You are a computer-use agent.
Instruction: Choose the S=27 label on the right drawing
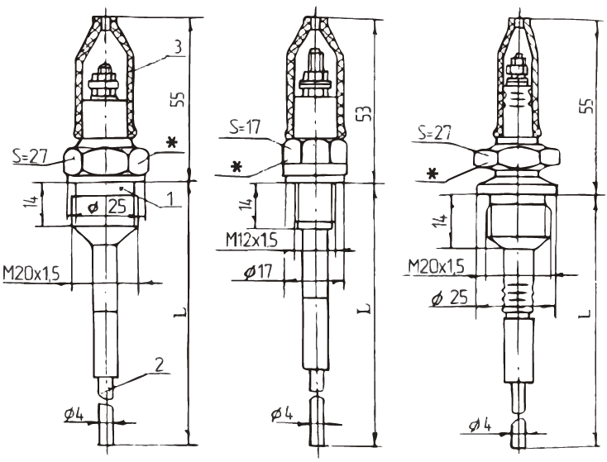pos(433,131)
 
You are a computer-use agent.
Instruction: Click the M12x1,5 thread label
pos(251,240)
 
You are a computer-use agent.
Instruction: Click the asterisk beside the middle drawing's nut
pos(238,167)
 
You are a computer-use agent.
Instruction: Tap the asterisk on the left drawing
pos(172,143)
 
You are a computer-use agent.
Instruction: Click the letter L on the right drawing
pos(585,314)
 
